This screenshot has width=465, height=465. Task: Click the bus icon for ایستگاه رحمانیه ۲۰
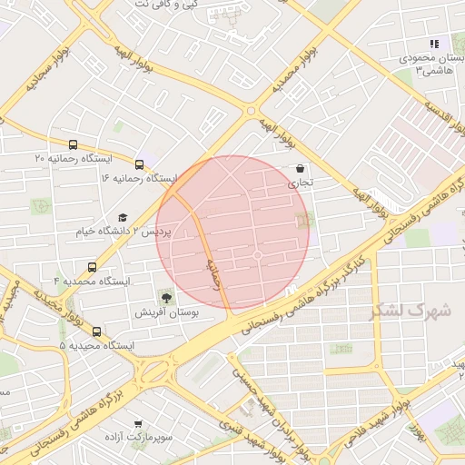coord(73,143)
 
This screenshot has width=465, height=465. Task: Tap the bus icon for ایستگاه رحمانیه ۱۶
coord(139,164)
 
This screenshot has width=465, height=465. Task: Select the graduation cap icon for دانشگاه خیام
coord(123,218)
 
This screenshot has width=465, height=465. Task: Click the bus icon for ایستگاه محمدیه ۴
coord(92,267)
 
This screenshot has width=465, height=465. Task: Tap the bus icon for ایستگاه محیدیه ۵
coord(97,331)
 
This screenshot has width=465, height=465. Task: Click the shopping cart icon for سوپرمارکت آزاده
coord(137,423)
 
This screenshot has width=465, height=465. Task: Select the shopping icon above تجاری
coord(300,168)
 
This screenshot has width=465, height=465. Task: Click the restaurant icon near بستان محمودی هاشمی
coord(434,44)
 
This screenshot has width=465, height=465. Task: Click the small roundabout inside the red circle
coord(258,256)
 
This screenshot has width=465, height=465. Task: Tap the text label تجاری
coord(300,183)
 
